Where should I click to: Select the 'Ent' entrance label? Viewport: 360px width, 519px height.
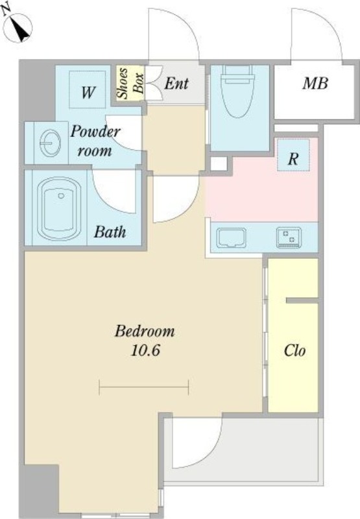[x=176, y=84]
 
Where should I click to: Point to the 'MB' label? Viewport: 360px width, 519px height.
[x=315, y=83]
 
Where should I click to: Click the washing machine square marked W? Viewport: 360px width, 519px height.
[x=88, y=90]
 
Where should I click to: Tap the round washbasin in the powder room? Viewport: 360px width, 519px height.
[x=51, y=143]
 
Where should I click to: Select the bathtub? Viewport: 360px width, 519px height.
[x=59, y=208]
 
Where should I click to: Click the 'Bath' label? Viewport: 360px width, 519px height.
[x=110, y=232]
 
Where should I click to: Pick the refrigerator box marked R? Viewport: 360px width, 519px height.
[x=293, y=155]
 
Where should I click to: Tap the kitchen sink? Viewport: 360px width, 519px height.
[x=232, y=237]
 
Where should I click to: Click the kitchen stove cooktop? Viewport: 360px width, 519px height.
[x=289, y=237]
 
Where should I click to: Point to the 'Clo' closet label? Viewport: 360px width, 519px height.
[x=294, y=350]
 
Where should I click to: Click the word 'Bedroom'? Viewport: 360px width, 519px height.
[x=145, y=331]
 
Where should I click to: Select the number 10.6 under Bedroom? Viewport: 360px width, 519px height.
[x=145, y=350]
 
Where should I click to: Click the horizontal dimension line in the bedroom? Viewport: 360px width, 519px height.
[x=144, y=387]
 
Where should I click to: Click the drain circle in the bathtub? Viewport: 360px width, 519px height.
[x=61, y=196]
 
